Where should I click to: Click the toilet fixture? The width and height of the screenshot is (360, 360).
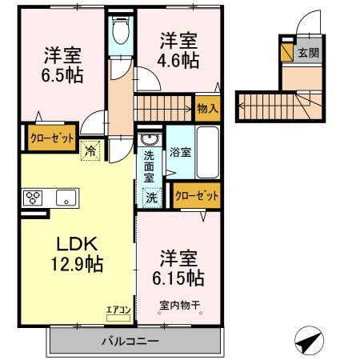tap(121, 30)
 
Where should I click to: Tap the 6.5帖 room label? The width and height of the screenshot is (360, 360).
tap(62, 75)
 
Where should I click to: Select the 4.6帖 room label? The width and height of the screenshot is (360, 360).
tap(178, 61)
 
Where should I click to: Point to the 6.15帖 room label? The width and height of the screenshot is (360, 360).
tap(178, 278)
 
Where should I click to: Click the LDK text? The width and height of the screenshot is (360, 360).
tap(77, 244)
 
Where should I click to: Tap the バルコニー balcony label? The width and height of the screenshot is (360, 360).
tap(130, 341)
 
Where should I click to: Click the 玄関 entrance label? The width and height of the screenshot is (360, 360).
tap(309, 53)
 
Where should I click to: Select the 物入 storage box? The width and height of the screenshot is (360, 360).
tap(207, 108)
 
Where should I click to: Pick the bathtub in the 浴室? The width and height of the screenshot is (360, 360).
tap(207, 153)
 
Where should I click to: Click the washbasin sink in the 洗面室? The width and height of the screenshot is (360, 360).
tap(150, 139)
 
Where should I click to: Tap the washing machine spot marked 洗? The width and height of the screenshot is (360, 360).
tap(152, 198)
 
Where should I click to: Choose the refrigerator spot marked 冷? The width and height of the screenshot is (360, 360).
tap(90, 150)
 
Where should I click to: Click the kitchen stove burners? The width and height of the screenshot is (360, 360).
tap(33, 198)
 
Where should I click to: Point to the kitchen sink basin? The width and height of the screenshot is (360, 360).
tap(66, 198)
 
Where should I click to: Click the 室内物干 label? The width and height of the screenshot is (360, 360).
tap(180, 305)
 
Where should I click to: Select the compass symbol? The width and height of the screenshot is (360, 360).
tap(309, 341)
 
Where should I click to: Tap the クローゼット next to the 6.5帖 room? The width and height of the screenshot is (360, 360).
tap(52, 138)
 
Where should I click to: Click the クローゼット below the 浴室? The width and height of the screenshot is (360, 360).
tap(197, 196)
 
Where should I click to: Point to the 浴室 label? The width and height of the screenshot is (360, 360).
tap(180, 152)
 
